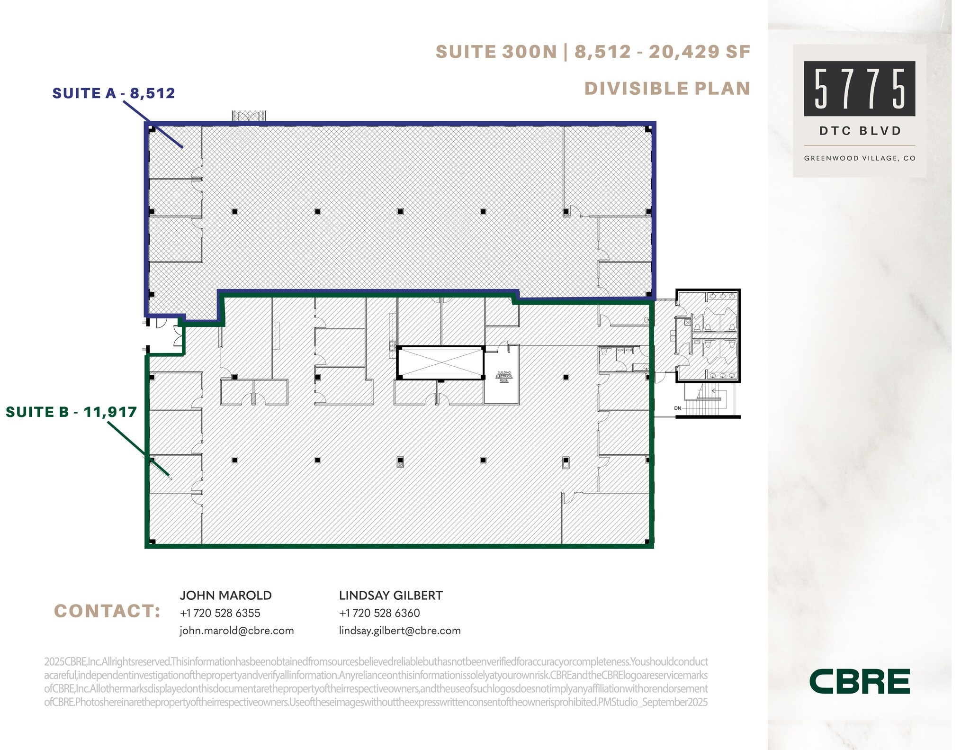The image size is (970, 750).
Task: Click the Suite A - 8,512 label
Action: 114,93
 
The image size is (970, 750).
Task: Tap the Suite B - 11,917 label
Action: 71,412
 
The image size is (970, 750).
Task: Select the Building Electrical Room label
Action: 503,377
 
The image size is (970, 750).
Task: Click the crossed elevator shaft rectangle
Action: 440,363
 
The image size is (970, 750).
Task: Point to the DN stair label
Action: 678,408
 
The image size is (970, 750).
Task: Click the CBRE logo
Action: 859,681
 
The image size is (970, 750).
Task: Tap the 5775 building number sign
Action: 859,89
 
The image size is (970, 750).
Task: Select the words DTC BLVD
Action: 860,131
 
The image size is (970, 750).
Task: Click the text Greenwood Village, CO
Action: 860,158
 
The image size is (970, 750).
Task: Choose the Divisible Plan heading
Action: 667,89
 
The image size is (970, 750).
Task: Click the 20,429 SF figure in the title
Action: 699,52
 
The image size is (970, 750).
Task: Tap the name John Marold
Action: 225,596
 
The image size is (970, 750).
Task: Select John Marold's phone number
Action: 220,613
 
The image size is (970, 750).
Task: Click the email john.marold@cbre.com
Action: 236,631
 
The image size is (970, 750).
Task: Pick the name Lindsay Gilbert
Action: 391,596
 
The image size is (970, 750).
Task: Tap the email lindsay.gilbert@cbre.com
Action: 400,631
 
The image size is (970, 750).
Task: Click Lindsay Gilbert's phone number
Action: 379,613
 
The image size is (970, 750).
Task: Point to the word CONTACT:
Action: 108,611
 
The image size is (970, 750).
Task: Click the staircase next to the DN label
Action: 708,399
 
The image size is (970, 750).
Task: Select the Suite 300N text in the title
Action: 496,52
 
